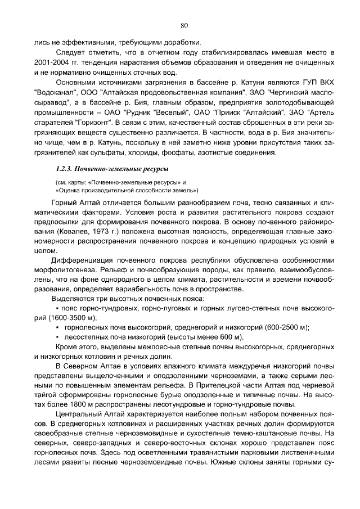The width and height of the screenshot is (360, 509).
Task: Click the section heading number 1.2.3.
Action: tap(65, 169)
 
